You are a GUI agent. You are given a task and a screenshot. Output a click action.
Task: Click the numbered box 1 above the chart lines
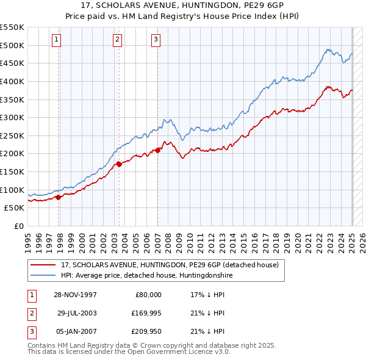(x=56, y=40)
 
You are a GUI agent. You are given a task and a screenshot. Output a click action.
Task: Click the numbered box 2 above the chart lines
(x=117, y=40)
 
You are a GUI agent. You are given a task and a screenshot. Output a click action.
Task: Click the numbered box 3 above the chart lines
(x=156, y=40)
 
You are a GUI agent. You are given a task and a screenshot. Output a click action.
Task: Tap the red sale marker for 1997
(x=59, y=197)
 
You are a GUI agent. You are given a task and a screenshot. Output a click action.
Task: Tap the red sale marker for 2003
(x=119, y=163)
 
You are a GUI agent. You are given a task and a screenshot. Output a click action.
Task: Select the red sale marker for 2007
(x=157, y=149)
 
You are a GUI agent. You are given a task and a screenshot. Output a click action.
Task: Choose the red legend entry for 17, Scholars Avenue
(x=170, y=265)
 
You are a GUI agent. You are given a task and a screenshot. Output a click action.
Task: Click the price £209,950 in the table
(x=145, y=332)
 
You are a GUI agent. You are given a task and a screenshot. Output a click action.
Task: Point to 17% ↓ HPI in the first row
(x=207, y=294)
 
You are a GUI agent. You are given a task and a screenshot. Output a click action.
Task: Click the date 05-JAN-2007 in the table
(x=74, y=332)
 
